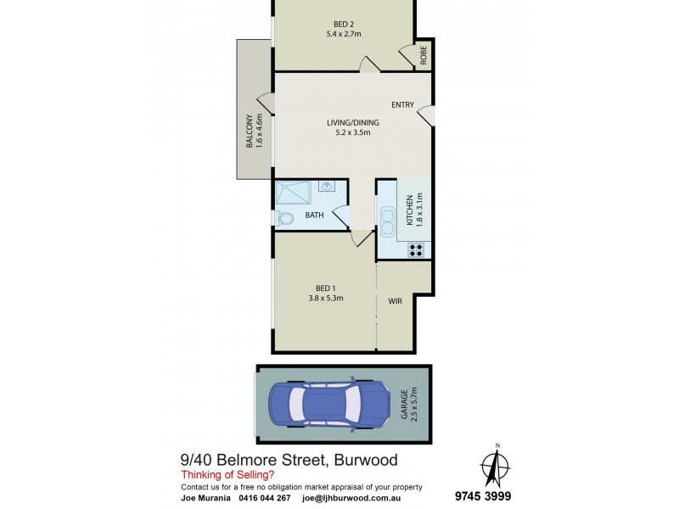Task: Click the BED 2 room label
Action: (x=344, y=23)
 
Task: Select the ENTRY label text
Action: (x=402, y=105)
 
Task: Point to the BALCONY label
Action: (x=250, y=131)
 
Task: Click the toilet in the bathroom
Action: (x=285, y=219)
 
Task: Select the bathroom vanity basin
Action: (x=326, y=186)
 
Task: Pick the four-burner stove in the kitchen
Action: (x=416, y=249)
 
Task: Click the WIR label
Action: (x=395, y=301)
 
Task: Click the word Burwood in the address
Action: (x=362, y=461)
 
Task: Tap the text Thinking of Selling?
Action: (x=225, y=476)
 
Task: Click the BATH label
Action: (x=314, y=215)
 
